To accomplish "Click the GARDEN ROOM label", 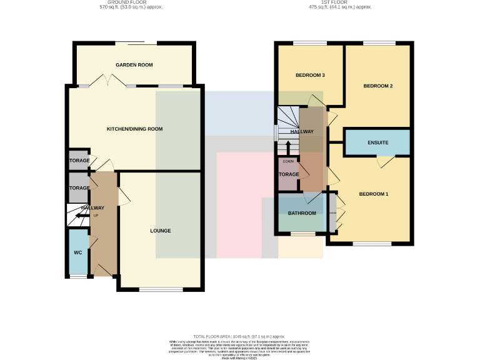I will click(x=134, y=65).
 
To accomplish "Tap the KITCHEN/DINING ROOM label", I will click(x=134, y=129).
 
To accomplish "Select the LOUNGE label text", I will click(x=160, y=231).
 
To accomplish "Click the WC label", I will click(x=78, y=252).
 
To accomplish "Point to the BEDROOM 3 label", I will click(x=310, y=75).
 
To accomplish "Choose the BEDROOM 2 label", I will click(x=377, y=86).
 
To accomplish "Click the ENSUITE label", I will click(x=377, y=143).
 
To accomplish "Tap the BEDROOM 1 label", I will click(x=373, y=194).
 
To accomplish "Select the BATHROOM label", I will click(x=302, y=213).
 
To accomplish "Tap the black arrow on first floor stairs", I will click(x=287, y=147).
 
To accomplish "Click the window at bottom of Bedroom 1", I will click(x=369, y=243).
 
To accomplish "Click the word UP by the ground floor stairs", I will click(x=96, y=216).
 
